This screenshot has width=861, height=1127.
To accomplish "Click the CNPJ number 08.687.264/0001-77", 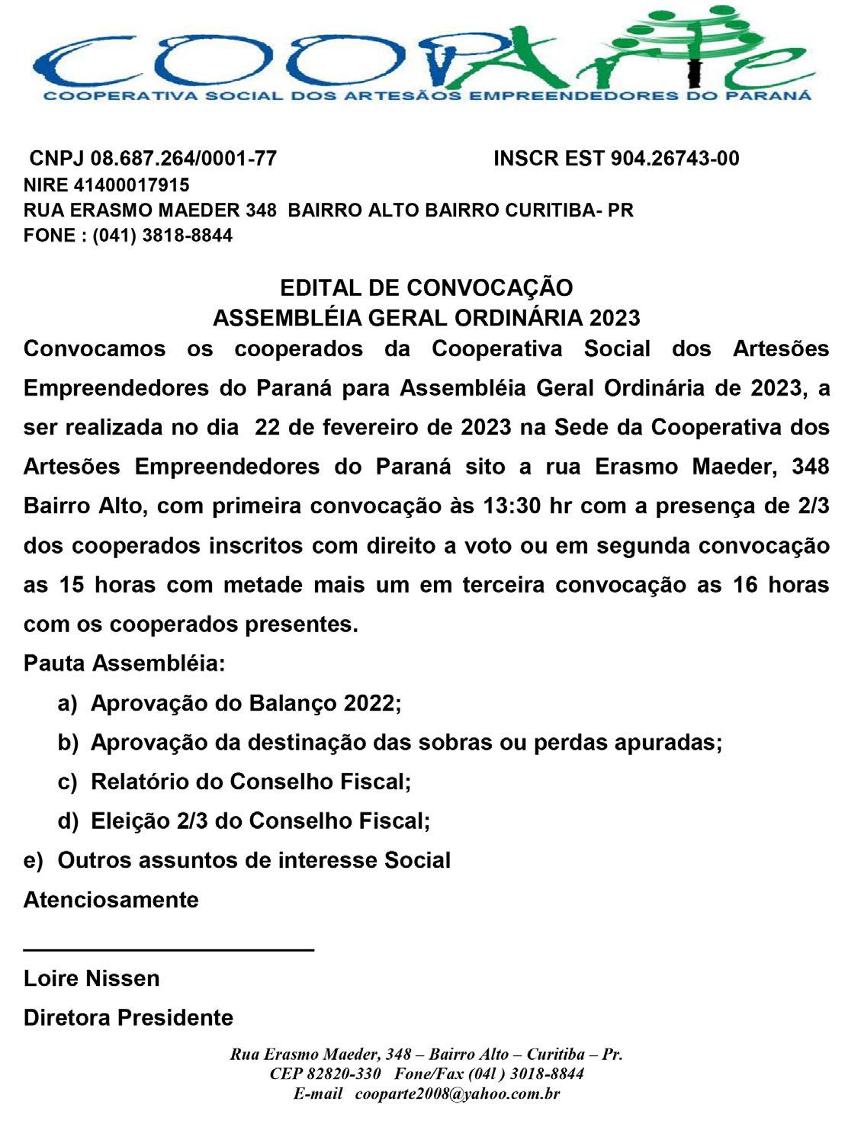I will pos(183,159).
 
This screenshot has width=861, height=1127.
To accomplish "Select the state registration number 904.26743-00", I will pos(675,159).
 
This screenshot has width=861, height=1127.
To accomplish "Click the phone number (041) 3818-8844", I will pos(162,235).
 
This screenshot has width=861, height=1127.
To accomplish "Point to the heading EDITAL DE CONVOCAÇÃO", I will pos(426,287).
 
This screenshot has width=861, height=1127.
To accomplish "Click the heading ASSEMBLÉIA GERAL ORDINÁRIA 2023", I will pos(426,317).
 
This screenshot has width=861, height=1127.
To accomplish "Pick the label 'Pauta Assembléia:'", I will pos(124,663).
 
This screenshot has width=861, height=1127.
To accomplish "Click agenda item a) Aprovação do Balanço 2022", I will pos(246,703).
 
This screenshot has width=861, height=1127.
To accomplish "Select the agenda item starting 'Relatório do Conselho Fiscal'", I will pos(251,782).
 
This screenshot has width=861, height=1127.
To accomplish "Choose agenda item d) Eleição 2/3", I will pos(260,821).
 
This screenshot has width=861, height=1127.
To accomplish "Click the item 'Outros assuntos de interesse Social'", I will pos(254,861).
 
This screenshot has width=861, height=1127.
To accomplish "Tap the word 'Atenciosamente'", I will pos(111,900).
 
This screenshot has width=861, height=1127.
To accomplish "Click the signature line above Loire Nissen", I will pos(169,949).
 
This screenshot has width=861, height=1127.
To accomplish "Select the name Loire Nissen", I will pos(92,978).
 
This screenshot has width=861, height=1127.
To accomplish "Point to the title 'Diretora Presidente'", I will pos(128,1018).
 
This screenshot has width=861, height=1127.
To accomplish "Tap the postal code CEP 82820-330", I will pos(325,1074).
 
